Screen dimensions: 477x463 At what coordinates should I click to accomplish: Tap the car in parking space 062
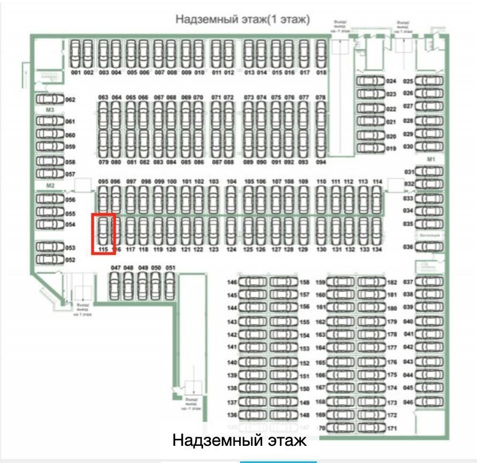(x=49, y=100)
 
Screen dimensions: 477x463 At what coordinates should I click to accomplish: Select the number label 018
(x=322, y=72)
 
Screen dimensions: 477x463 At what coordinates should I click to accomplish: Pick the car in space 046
(x=429, y=401)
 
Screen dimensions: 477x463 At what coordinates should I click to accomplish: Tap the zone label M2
(x=50, y=185)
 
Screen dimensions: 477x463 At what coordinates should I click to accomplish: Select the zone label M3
(x=50, y=110)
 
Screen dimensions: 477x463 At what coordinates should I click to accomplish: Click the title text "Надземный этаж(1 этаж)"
(x=243, y=20)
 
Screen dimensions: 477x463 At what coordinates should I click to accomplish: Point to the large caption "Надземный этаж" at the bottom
(x=240, y=441)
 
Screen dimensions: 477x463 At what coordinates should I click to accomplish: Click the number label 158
(x=305, y=282)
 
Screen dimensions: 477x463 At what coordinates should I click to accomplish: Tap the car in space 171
(x=372, y=428)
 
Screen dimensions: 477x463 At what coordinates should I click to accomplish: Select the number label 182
(x=392, y=282)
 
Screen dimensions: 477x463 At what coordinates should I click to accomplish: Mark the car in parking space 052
(x=49, y=260)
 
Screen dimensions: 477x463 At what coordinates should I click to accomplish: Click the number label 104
(x=231, y=182)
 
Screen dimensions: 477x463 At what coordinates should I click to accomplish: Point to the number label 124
(x=231, y=250)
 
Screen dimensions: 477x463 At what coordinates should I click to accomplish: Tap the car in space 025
(x=429, y=81)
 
